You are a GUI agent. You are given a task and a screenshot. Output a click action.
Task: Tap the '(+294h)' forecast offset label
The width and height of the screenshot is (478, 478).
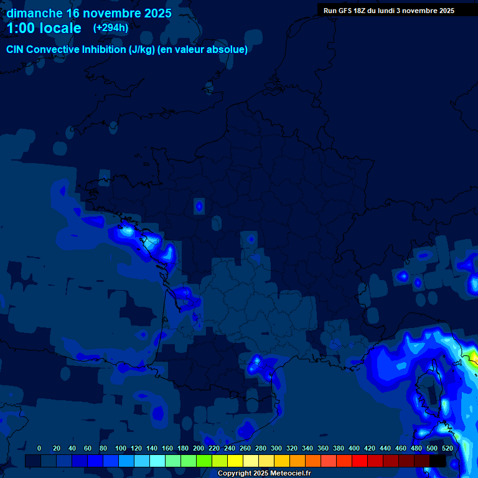click(x=111, y=27)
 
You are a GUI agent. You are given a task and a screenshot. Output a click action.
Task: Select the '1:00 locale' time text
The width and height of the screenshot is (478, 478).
click(x=44, y=28)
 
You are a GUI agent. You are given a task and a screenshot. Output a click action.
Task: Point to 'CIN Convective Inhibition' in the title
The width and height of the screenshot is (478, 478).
click(x=66, y=50)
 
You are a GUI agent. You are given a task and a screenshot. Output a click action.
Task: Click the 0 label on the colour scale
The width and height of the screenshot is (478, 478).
click(x=39, y=448)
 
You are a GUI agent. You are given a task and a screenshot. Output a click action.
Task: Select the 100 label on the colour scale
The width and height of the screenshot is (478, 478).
click(x=121, y=448)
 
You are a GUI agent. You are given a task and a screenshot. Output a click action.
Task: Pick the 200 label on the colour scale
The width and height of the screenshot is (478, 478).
click(x=199, y=448)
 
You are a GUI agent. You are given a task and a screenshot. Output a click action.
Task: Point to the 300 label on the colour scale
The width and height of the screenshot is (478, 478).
click(x=276, y=448)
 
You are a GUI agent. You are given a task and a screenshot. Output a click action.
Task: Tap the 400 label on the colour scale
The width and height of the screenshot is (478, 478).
click(x=354, y=448)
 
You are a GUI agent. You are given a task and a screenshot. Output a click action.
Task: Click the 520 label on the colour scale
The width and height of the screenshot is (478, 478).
click(x=448, y=448)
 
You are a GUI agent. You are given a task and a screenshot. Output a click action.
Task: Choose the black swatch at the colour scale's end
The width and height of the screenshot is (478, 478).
click(x=438, y=461)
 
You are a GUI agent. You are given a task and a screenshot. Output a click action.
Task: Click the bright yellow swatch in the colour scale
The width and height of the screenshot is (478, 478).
click(x=235, y=461)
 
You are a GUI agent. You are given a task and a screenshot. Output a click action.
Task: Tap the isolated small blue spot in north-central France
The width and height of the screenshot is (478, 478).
click(x=199, y=205)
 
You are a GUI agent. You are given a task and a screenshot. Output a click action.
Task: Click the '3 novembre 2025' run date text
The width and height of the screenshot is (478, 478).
click(x=425, y=11)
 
